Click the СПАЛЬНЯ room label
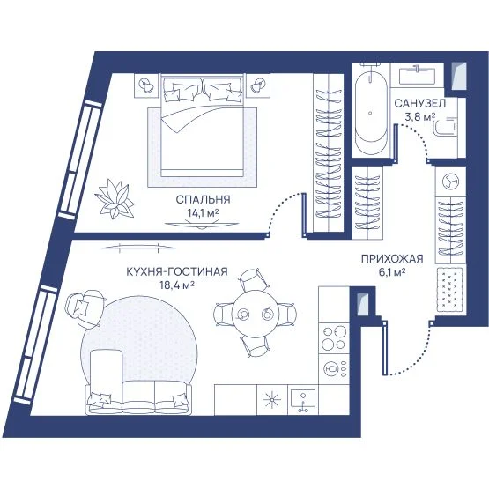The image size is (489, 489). click(x=203, y=199)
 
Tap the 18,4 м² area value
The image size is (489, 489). click(x=177, y=285)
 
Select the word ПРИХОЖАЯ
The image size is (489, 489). click(x=392, y=259)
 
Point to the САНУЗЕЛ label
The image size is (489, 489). click(x=419, y=103)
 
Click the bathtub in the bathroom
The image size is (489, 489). click(x=370, y=114)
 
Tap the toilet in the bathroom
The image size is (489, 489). click(x=444, y=127)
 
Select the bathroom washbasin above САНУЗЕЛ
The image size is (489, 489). click(x=418, y=76)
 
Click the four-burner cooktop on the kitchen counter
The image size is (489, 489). click(x=334, y=337)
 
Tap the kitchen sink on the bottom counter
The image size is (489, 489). click(x=303, y=400)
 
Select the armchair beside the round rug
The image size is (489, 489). click(x=85, y=308)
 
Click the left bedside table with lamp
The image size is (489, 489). click(x=147, y=85)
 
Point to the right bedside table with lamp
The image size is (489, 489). click(x=258, y=85)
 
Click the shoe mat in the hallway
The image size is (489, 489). click(x=450, y=290)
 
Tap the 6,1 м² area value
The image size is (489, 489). click(x=392, y=272)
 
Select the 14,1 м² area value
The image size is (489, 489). click(x=203, y=212)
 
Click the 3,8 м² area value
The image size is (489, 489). click(x=419, y=116)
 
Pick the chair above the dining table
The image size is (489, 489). click(x=254, y=279)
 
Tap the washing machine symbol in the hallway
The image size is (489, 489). click(x=450, y=182)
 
